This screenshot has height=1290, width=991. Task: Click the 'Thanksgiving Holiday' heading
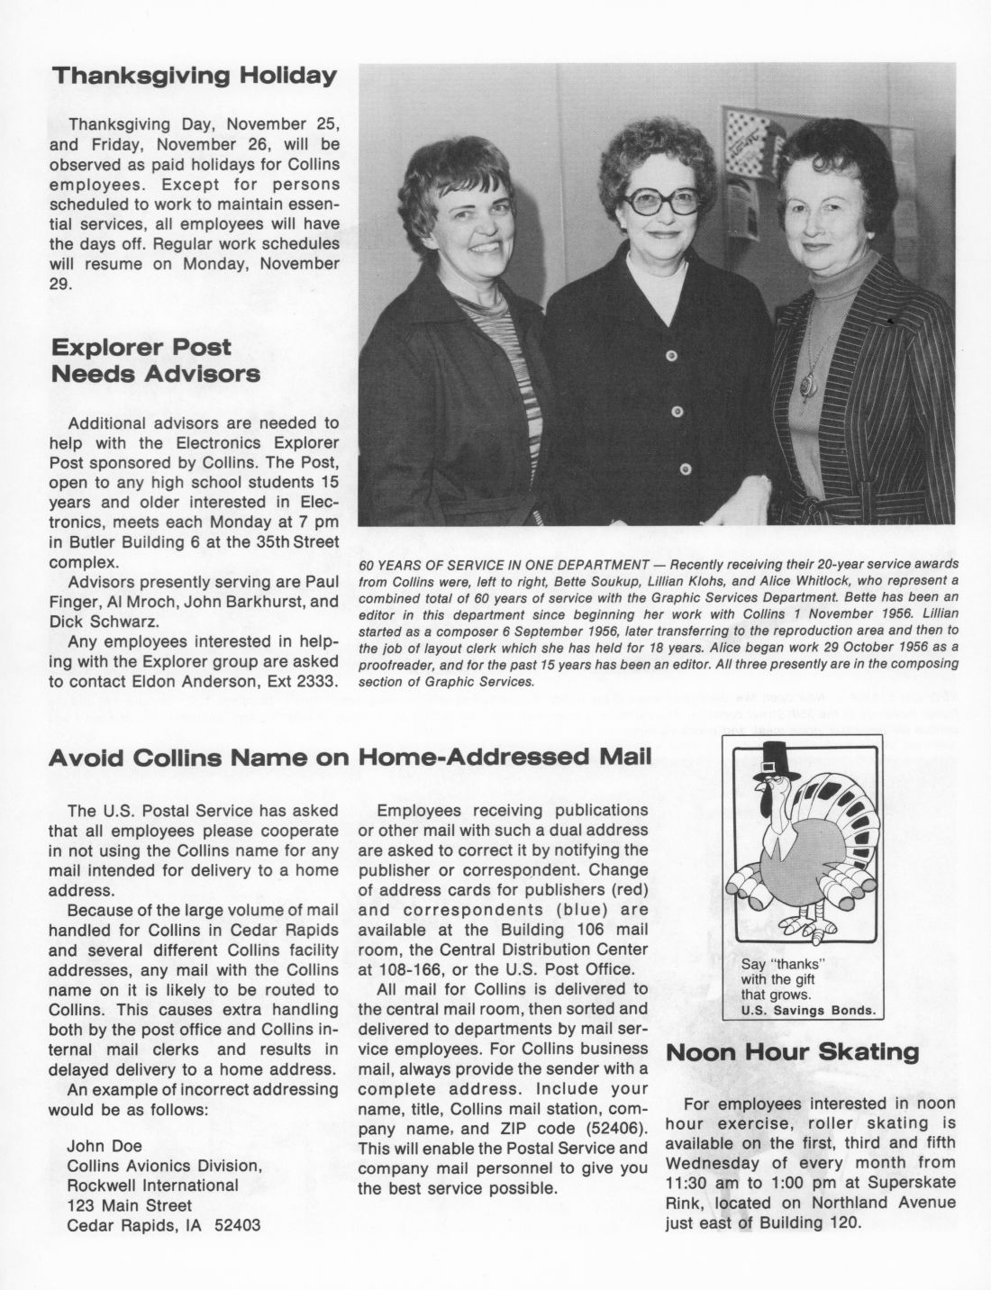click(195, 76)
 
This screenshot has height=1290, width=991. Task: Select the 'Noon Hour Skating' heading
click(792, 1051)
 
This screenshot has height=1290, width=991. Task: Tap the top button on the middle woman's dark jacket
click(670, 358)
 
